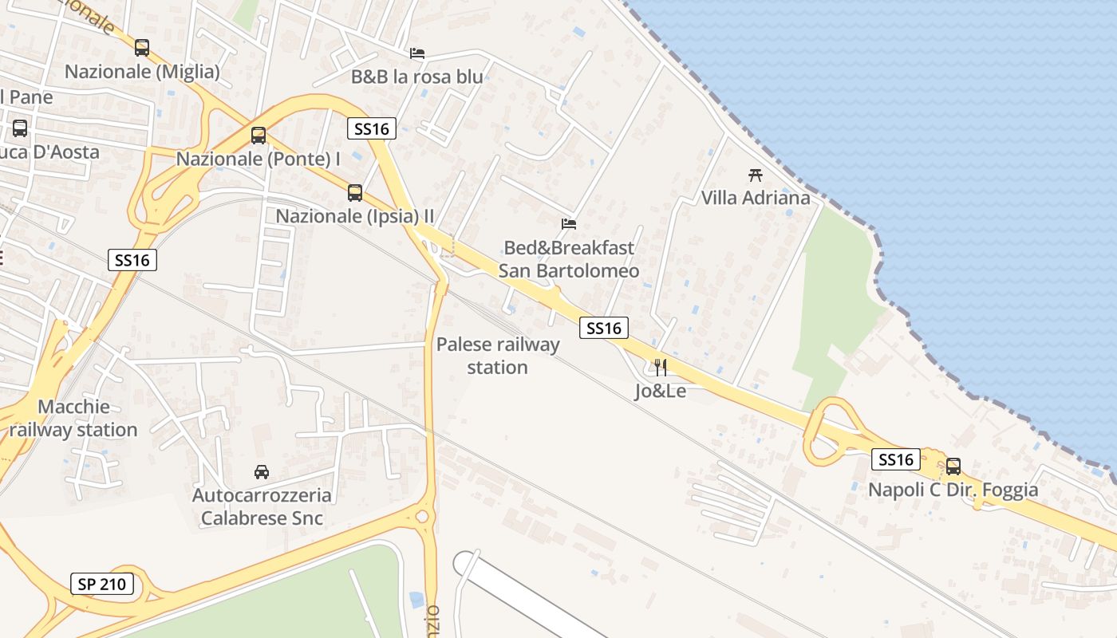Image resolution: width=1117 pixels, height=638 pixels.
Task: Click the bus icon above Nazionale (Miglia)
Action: point(142,48)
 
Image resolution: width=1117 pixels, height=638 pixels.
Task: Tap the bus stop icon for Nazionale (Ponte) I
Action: point(259,136)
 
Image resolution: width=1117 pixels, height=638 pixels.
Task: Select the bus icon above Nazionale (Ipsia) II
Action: point(355,193)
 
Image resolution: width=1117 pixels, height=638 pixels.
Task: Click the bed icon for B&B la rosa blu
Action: point(417,53)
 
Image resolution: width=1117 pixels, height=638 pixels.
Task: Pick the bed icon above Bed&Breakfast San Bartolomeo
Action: point(569,224)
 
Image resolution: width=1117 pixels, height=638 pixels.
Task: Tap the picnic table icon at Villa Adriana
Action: point(756,175)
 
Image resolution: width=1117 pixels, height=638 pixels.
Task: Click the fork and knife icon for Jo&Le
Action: point(661,368)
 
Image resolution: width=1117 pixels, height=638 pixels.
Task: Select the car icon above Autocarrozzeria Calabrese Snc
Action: point(262,472)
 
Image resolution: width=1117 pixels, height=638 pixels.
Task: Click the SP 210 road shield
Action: point(102,584)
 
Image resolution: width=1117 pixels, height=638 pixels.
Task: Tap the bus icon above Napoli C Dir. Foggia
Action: point(953,467)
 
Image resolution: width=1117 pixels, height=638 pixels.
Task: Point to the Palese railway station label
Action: point(498,356)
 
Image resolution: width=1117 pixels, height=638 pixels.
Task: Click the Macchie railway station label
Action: point(73,419)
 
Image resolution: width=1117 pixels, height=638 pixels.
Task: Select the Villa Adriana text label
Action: point(756,198)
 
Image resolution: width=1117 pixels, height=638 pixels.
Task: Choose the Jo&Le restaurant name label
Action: point(661,391)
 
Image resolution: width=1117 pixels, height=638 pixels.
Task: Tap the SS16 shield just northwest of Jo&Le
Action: point(604,328)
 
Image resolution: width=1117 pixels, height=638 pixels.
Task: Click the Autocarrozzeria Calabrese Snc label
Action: point(262,506)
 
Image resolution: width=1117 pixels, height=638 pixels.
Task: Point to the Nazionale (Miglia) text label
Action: point(142,72)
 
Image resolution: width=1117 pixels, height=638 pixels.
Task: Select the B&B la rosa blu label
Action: point(417,77)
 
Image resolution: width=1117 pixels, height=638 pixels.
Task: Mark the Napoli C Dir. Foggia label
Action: point(953,490)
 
